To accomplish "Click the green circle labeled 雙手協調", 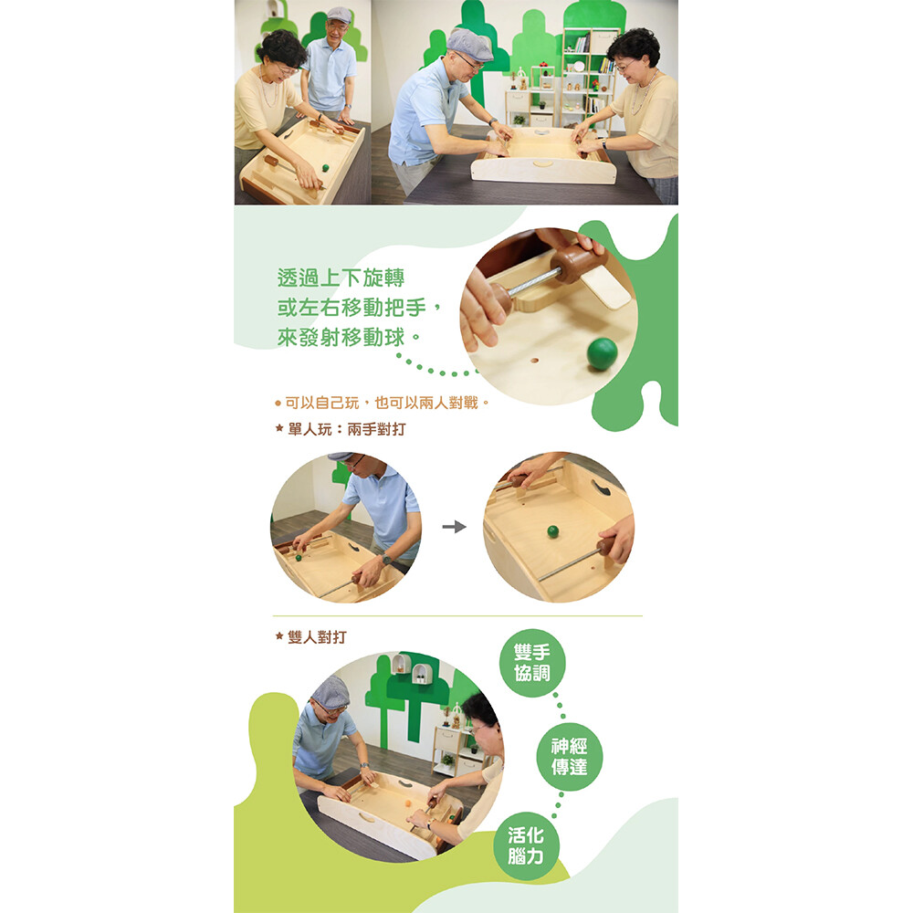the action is click(x=532, y=663).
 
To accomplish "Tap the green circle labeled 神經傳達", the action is click(x=569, y=756).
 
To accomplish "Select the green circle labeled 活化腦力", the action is click(x=526, y=846).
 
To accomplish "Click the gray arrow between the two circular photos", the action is click(x=454, y=527).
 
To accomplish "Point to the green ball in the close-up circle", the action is click(x=602, y=353).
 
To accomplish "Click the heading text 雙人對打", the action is click(x=317, y=637).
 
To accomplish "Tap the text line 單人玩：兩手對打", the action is click(x=347, y=430).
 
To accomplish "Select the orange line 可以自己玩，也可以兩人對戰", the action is click(x=382, y=403).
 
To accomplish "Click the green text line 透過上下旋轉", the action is click(x=341, y=278).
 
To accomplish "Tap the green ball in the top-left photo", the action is click(x=326, y=168).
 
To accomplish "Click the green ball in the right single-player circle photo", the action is click(x=552, y=531).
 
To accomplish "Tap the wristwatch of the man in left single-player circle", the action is click(x=385, y=560).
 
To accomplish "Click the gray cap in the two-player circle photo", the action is click(x=331, y=692).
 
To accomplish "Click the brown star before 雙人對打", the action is click(x=279, y=636).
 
